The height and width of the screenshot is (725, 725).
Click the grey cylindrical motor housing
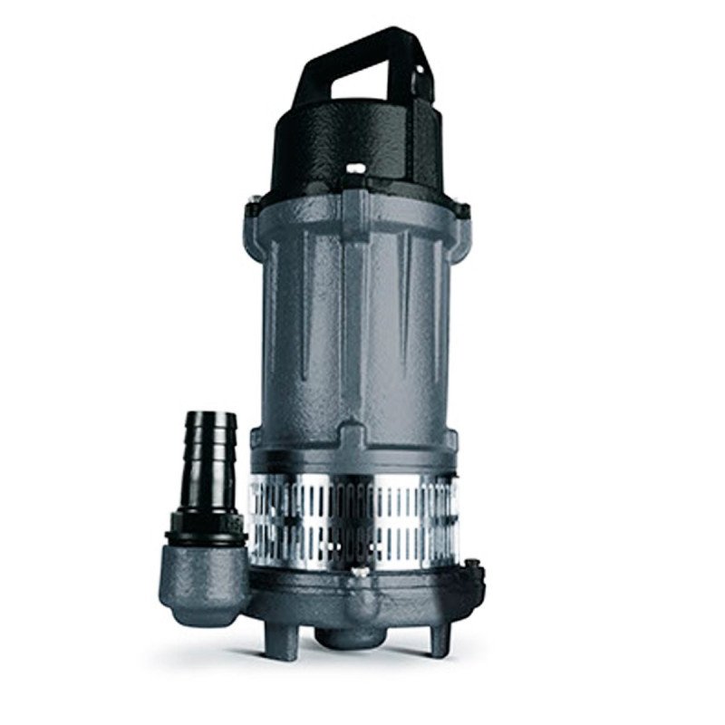[x=353, y=326]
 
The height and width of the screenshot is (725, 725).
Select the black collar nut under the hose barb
[x=207, y=526]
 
